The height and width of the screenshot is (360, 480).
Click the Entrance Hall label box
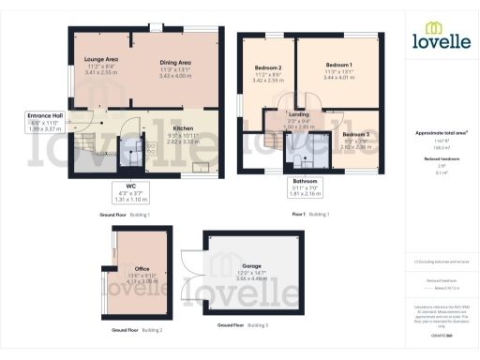point(44,117)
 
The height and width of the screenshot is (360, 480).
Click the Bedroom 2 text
point(269,68)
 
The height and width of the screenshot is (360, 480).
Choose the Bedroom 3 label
point(354,136)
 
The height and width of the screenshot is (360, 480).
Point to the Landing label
point(299,112)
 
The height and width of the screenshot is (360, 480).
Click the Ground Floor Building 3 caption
point(243,324)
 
